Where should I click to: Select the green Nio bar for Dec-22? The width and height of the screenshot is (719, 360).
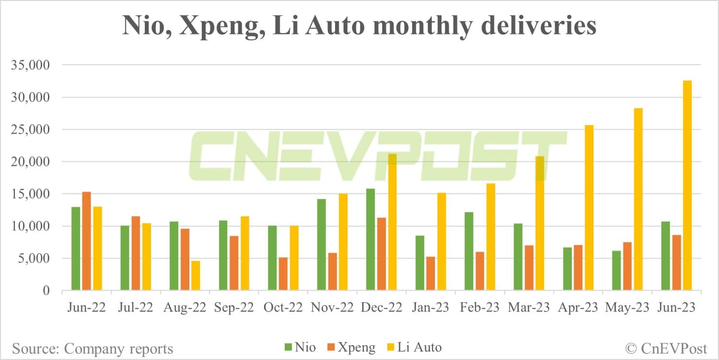[x=370, y=239]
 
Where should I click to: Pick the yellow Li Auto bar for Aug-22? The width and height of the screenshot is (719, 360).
[x=196, y=275]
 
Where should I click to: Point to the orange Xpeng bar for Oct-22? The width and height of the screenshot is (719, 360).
[x=283, y=274]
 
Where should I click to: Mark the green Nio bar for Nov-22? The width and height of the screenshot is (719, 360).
[x=321, y=244]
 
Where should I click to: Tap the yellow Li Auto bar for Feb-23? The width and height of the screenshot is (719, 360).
[x=491, y=237]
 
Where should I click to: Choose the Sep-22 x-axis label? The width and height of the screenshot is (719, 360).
[x=234, y=307]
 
